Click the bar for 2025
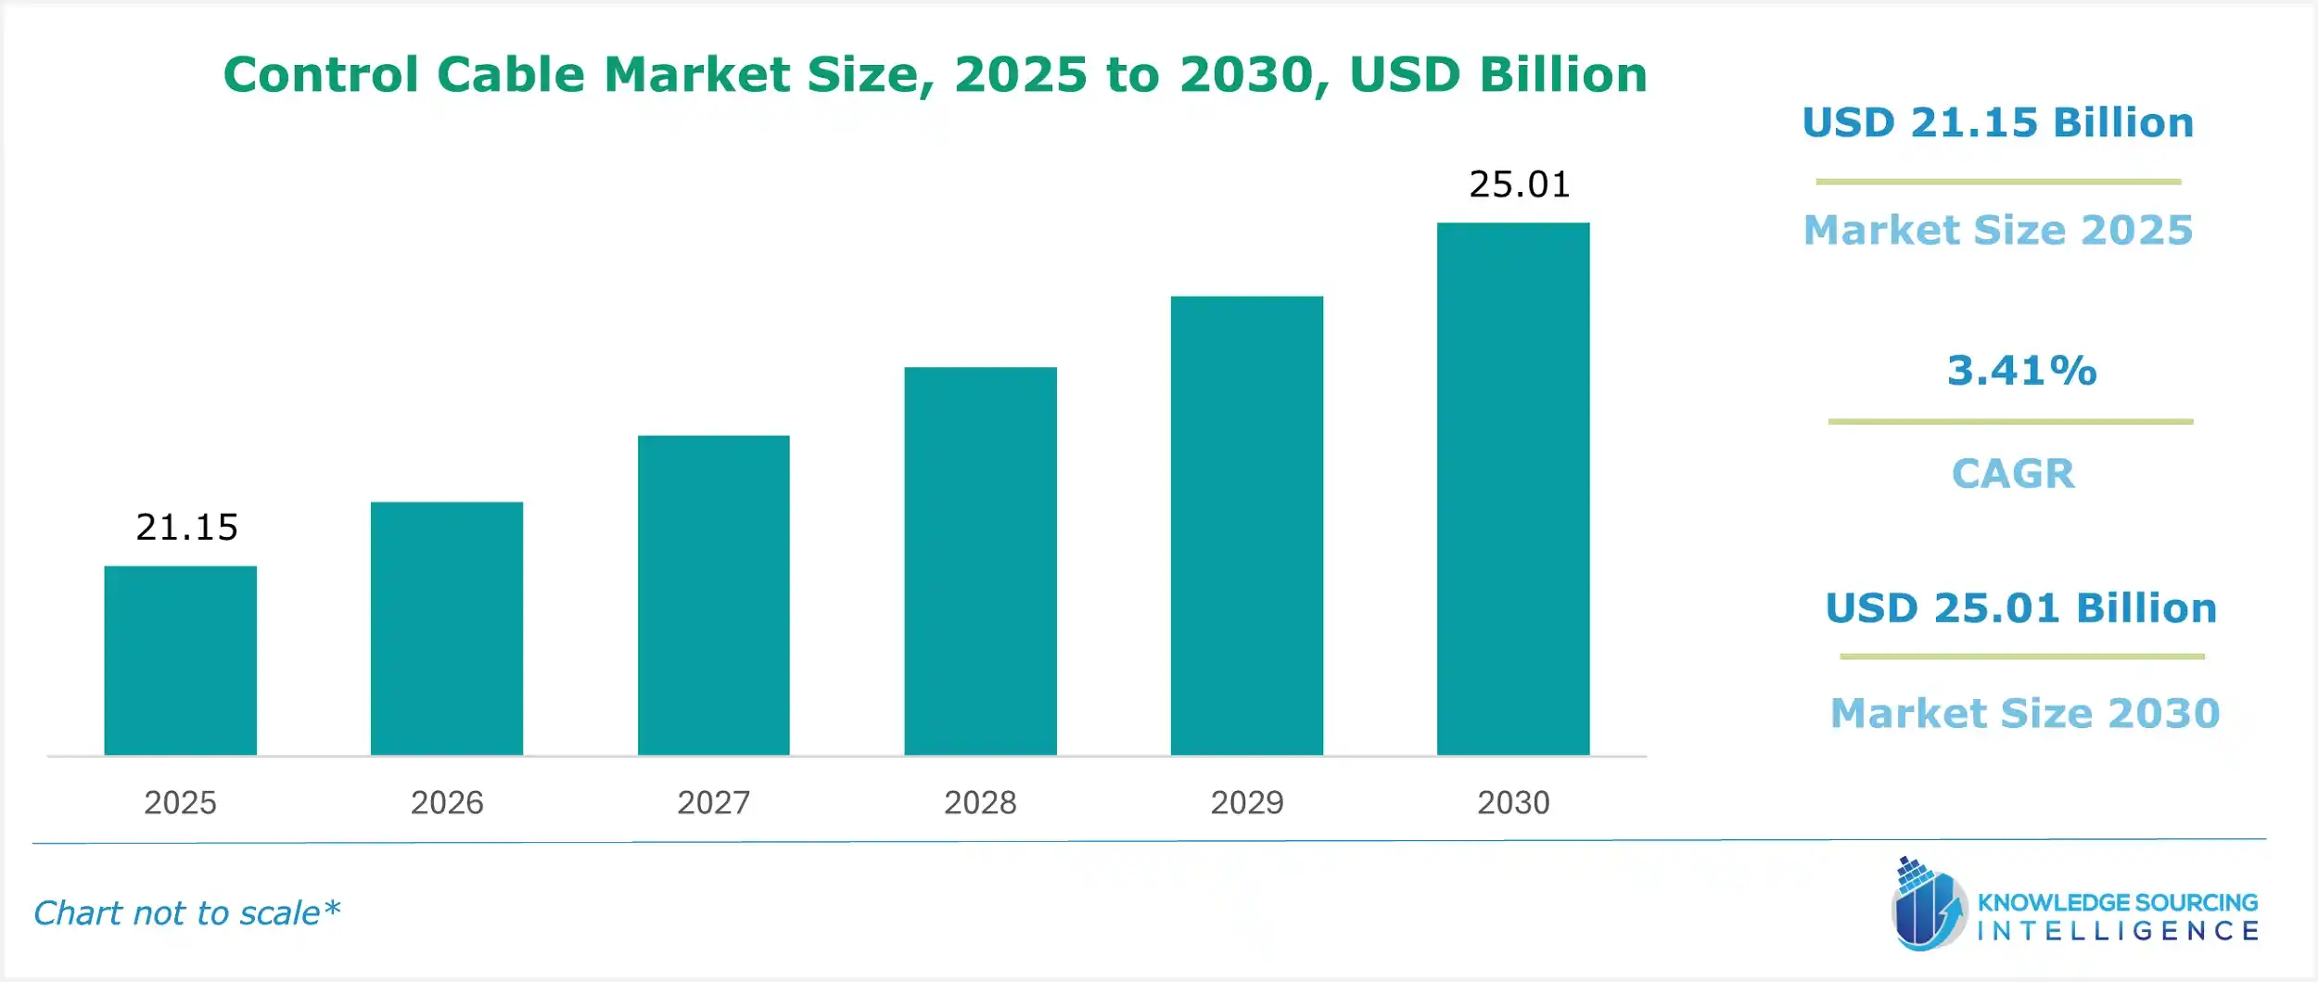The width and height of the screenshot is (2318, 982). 180,660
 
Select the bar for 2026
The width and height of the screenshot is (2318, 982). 447,629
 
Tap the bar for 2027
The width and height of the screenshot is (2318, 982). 713,595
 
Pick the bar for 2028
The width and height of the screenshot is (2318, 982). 980,561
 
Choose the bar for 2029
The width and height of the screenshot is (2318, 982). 1246,526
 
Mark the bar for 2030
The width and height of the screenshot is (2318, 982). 1513,489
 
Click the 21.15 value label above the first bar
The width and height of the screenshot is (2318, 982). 186,528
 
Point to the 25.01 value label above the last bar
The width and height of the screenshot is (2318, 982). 1520,185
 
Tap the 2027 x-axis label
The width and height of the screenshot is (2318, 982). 713,802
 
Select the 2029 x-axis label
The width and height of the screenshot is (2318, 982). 1246,802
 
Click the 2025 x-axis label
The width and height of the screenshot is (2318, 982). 180,802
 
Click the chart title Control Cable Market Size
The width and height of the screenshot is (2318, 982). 935,74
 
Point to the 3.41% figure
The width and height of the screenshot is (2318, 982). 2021,371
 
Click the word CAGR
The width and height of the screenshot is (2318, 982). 2013,474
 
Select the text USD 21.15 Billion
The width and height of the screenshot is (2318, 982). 1998,123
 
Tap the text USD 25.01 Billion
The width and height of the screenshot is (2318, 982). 2021,608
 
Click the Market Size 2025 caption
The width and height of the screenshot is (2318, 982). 1998,230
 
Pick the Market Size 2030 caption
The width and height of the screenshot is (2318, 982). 2025,713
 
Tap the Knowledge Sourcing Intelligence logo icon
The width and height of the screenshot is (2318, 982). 1928,905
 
